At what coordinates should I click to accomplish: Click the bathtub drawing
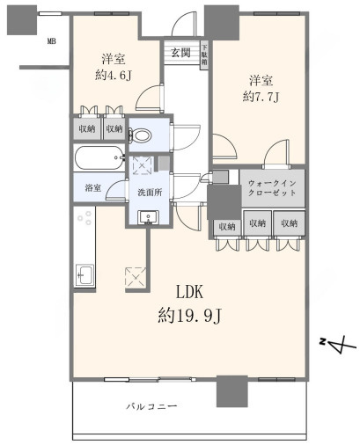click(99, 161)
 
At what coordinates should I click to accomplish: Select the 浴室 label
click(92, 188)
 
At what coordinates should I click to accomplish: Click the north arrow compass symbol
click(341, 346)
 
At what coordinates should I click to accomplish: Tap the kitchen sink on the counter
click(84, 274)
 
